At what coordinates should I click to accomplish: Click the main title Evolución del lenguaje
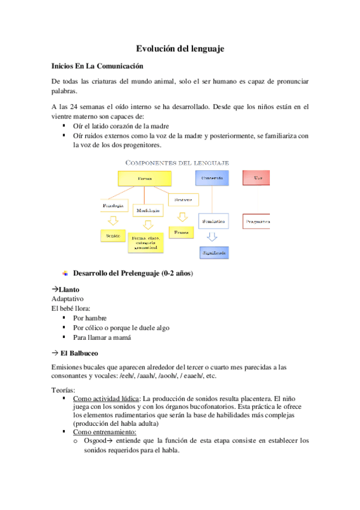(180, 49)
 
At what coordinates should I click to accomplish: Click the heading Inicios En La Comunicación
(97, 66)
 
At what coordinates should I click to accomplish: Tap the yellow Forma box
(144, 179)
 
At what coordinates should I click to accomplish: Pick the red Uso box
(257, 178)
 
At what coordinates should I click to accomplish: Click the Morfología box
(147, 211)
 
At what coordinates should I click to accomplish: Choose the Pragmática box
(257, 221)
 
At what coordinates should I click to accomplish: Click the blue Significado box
(213, 254)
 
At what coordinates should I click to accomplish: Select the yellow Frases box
(181, 232)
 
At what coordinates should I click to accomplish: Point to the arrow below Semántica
(212, 238)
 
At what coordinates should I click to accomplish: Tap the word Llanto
(69, 289)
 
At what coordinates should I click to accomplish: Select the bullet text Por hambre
(90, 318)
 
